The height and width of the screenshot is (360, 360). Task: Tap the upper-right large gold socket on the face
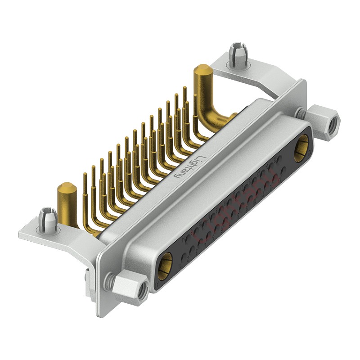[301, 149]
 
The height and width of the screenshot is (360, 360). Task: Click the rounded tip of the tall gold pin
[202, 70]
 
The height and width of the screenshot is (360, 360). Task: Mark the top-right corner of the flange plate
[303, 82]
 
